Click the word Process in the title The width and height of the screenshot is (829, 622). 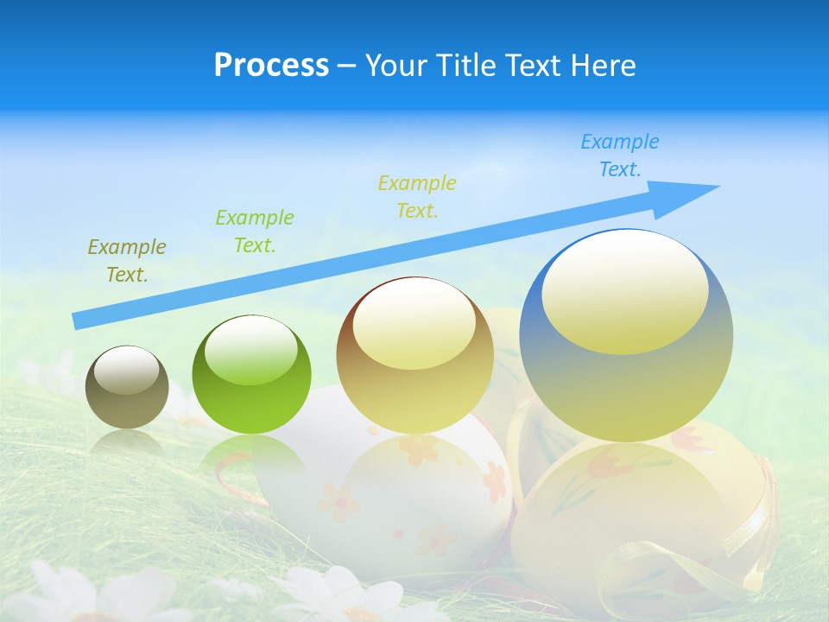coord(271,65)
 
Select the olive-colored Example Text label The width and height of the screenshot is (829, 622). coord(127,261)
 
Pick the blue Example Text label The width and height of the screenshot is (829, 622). coord(620,155)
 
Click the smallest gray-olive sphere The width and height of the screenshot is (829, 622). coord(127,387)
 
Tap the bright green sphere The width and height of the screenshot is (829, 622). coord(251,375)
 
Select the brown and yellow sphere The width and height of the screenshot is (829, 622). coord(415,355)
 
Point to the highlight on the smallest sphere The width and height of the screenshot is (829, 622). coord(127,370)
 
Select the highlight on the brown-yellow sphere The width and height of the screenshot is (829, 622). coord(414,321)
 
